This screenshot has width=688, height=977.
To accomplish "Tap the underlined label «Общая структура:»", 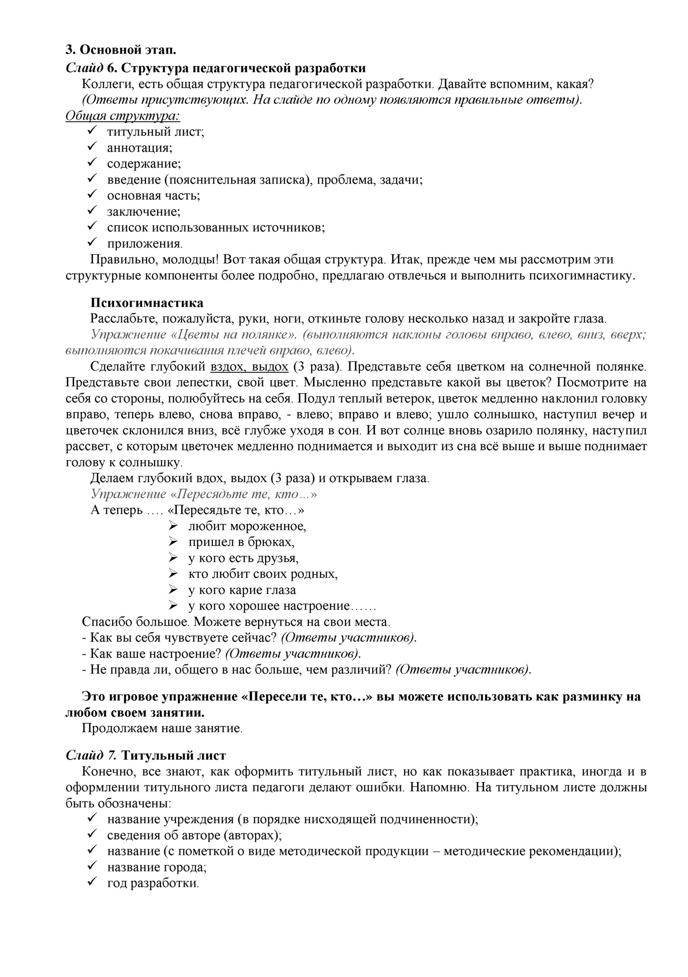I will coord(122,116).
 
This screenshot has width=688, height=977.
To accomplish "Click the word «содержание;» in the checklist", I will coord(144,163).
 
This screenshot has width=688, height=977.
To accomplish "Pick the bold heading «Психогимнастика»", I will coord(147,303).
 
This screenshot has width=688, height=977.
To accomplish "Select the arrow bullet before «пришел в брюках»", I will coord(173,542).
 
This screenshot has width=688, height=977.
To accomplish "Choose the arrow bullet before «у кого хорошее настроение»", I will coord(173,606).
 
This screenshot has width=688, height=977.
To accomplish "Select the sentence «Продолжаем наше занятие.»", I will coord(162,728).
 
